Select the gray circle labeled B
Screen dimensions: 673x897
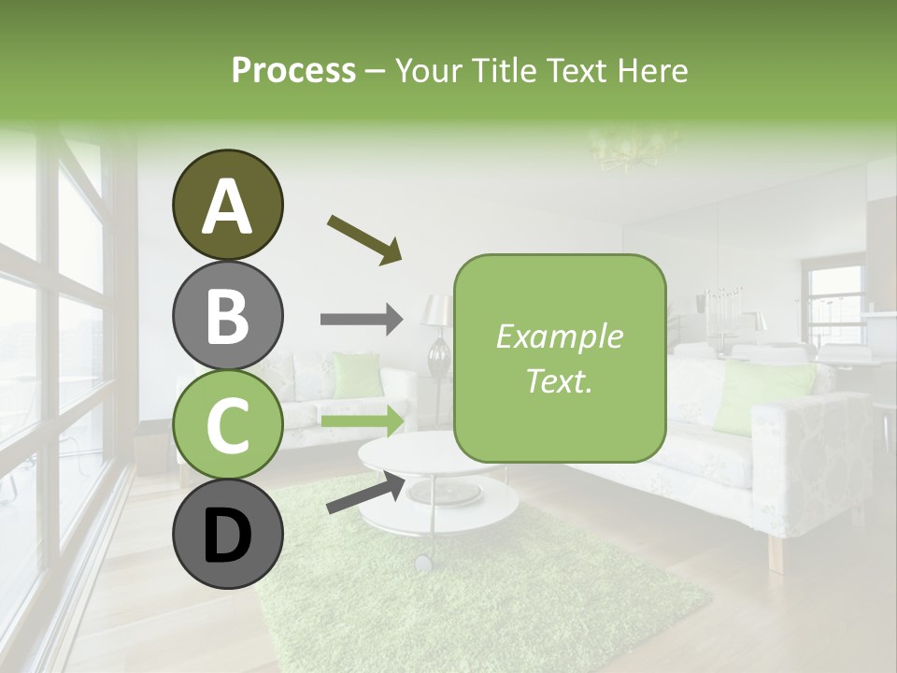[x=227, y=315]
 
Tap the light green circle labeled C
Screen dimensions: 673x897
[x=227, y=425]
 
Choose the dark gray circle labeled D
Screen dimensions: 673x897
[x=227, y=535]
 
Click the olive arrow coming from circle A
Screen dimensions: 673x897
[x=363, y=238]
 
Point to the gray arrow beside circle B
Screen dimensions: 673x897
[x=361, y=320]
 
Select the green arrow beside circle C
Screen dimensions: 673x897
[x=363, y=421]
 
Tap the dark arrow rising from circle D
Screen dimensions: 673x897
[x=365, y=493]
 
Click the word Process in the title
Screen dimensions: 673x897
[x=293, y=71]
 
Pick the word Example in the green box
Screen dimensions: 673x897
[x=559, y=336]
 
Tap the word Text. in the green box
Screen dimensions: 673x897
[x=559, y=379]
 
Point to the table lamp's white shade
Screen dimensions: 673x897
[x=435, y=310]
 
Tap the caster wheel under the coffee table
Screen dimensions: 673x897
[x=423, y=563]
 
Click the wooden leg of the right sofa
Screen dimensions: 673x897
[x=776, y=553]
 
